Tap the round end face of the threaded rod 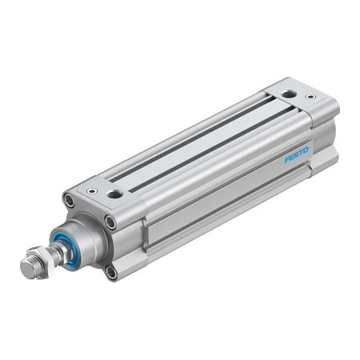pos(26,269)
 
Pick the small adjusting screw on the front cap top pos(94,191)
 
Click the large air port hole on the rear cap pos(289,95)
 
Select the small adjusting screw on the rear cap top pos(310,98)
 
